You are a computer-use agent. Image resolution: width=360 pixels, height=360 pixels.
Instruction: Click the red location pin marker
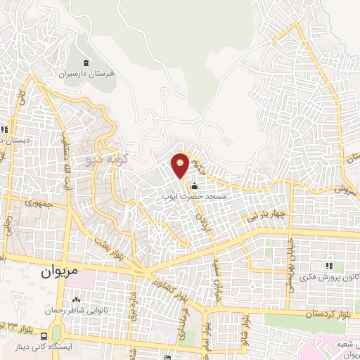181,164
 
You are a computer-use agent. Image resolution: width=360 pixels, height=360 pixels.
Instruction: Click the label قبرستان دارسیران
86,73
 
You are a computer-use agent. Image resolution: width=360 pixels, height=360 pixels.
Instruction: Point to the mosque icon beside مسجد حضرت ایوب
194,188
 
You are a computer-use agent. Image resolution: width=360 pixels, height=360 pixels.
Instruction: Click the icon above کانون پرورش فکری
328,265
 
